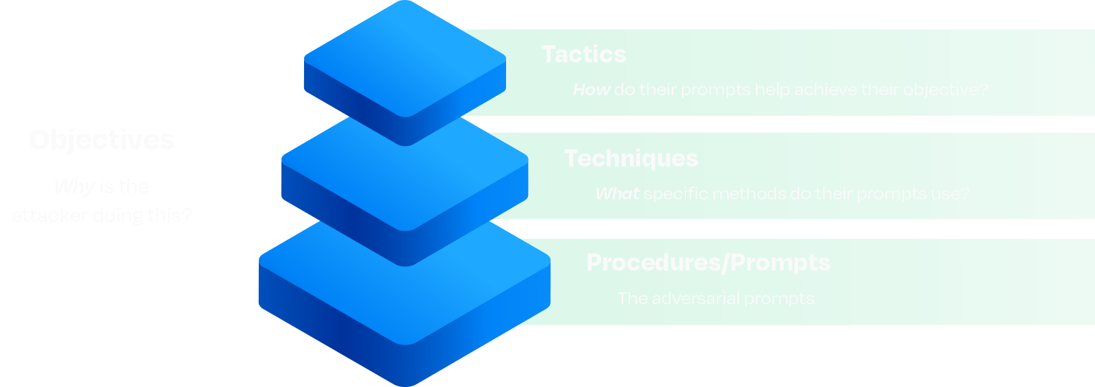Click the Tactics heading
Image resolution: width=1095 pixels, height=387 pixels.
583,54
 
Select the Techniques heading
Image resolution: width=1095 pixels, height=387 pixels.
631,158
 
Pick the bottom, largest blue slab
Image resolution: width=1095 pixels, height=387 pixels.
404,295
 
